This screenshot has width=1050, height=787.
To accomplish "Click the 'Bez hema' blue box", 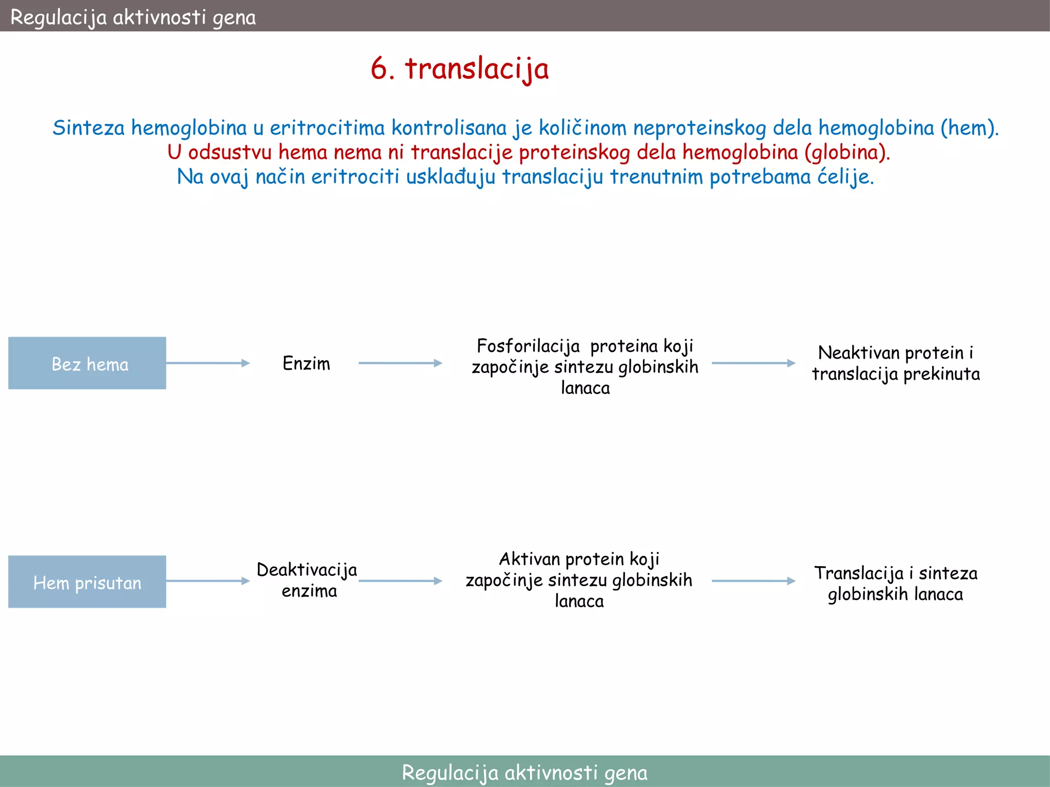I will tap(87, 363).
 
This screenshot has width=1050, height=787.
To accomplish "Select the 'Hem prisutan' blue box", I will tap(87, 582).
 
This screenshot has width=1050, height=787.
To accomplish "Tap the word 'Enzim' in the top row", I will tap(306, 363).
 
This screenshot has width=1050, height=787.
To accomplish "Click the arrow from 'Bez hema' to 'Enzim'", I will tap(208, 363).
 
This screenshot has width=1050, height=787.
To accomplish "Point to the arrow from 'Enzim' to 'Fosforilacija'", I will tap(400, 363).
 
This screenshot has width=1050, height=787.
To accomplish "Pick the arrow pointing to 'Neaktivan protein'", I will tap(753, 363).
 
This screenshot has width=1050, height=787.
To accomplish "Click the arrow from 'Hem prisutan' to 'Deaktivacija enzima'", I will tap(208, 581).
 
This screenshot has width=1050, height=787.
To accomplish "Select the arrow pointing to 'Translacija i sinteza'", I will tap(753, 581).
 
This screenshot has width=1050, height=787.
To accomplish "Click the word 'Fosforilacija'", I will tap(528, 346).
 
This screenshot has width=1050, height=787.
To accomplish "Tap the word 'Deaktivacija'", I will tap(307, 570).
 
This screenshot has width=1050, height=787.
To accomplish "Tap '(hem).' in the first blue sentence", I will tap(969, 128).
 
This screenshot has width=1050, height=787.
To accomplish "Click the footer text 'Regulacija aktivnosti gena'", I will tap(524, 772).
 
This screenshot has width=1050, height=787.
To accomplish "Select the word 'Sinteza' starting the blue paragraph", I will tap(89, 128).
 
